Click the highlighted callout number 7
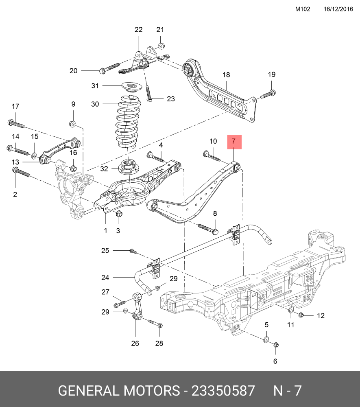coord(234,142)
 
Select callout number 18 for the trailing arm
coord(226,75)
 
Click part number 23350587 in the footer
coord(223,391)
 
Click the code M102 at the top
coord(303,9)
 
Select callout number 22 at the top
coord(139,30)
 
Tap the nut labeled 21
coord(161,45)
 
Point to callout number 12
coord(321,315)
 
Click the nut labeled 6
coord(275,346)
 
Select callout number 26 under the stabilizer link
coord(135,344)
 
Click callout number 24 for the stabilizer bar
coord(105,278)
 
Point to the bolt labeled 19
coord(267,95)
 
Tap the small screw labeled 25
coord(131,250)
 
